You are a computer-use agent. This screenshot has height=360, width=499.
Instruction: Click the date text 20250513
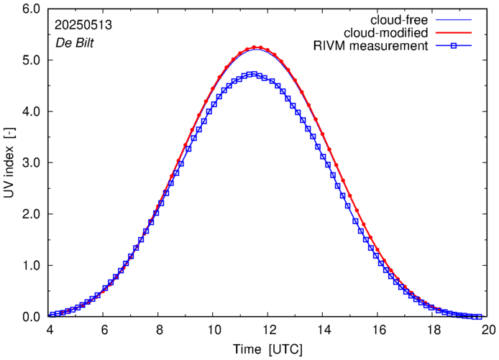82,24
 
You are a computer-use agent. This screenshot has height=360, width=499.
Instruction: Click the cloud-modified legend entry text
386,33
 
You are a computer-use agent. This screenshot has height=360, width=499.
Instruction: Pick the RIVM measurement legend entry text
370,47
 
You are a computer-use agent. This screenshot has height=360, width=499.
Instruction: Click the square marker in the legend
454,47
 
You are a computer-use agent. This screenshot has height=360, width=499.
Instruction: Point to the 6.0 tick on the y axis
31,9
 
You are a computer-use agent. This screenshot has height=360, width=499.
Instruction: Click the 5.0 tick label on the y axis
31,60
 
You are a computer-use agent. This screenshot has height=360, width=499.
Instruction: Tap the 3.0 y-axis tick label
31,163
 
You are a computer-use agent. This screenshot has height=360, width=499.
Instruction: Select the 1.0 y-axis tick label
31,266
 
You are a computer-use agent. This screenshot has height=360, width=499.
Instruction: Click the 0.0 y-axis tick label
31,317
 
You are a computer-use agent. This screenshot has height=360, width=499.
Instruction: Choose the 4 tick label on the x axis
50,329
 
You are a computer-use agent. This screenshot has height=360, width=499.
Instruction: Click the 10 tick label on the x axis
214,329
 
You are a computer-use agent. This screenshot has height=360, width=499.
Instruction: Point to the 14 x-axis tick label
324,329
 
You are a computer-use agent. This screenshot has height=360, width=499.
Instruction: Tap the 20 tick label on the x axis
488,329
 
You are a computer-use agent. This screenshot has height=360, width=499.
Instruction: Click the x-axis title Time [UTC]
267,349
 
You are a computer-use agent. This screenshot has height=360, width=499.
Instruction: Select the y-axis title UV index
10,162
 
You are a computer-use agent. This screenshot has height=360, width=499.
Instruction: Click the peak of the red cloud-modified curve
257,47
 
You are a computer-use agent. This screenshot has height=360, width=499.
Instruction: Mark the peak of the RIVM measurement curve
252,73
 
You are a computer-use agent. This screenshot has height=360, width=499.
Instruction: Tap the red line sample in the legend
454,33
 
